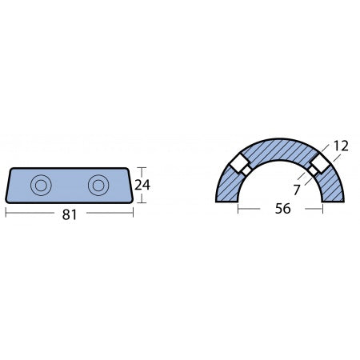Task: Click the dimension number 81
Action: coord(70,214)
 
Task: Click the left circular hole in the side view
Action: coord(39,185)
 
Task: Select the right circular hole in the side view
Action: coord(99,185)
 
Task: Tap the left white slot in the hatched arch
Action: coord(239,166)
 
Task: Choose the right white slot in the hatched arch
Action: coord(321,165)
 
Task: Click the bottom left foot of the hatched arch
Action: coord(227,198)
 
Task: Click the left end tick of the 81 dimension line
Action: coord(6,214)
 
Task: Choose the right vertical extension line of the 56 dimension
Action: coord(322,206)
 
